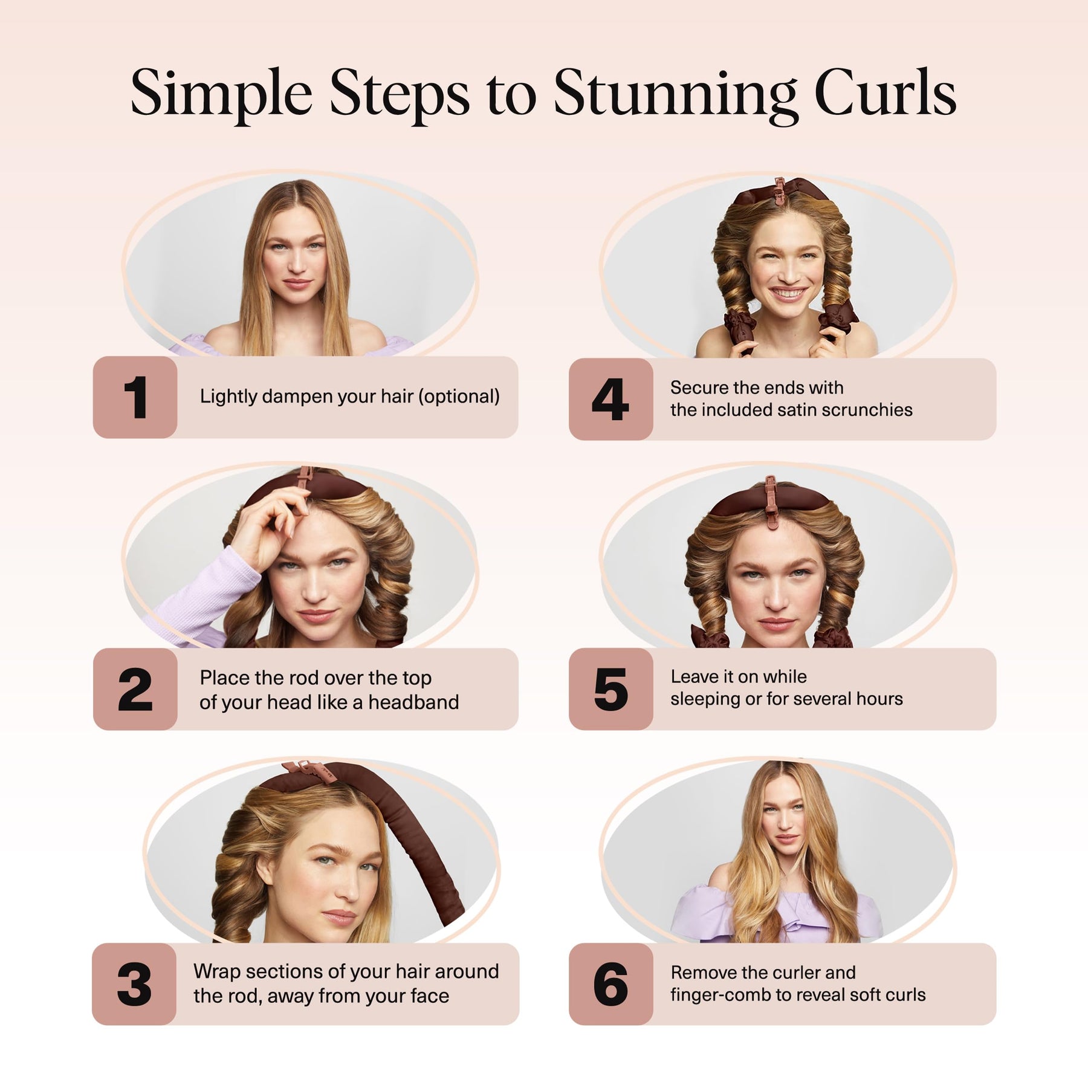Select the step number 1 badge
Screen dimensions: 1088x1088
click(x=135, y=397)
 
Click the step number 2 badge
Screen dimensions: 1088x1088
click(x=135, y=689)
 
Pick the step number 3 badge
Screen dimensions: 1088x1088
click(x=134, y=984)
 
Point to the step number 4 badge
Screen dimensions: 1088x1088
click(x=611, y=399)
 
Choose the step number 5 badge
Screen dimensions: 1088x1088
click(x=611, y=689)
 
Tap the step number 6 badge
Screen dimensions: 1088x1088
click(x=611, y=984)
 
